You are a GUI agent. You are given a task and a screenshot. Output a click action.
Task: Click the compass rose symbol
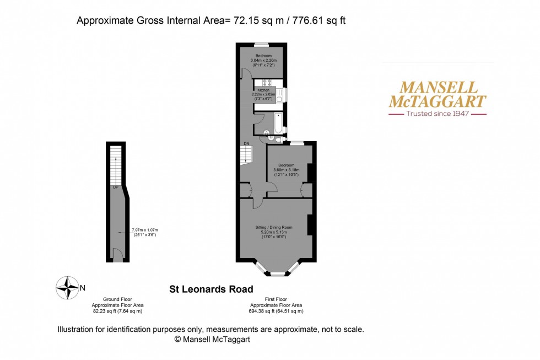[68, 287]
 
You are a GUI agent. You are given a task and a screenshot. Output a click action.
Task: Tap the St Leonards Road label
[210, 289]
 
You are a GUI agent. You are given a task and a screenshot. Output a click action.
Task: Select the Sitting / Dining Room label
[273, 227]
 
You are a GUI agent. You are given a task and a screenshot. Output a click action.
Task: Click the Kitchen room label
[263, 89]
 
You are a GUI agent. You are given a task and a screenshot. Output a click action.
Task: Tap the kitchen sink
[279, 96]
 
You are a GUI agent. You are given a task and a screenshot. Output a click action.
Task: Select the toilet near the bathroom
[266, 132]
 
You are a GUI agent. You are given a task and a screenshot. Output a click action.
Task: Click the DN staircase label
[246, 144]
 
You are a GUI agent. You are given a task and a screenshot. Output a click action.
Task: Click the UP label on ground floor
[115, 187]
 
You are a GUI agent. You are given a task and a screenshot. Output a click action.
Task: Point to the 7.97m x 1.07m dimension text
[145, 230]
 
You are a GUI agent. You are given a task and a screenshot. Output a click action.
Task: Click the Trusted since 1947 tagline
[438, 114]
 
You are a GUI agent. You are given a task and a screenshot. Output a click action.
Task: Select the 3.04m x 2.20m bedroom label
[262, 60]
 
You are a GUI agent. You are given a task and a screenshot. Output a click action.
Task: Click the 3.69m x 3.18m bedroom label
[285, 169]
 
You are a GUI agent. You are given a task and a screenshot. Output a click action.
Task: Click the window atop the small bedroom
[261, 44]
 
